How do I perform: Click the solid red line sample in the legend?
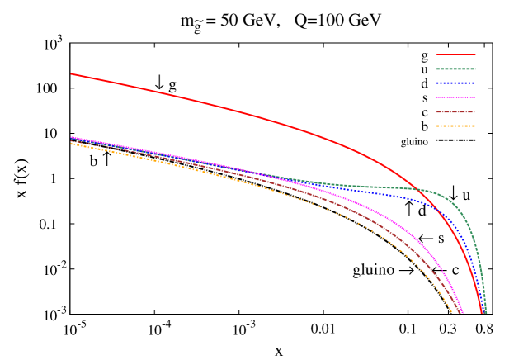click(x=455, y=54)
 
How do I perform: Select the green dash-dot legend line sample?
click(x=455, y=69)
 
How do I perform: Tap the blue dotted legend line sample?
click(x=455, y=83)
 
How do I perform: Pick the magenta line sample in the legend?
click(x=455, y=97)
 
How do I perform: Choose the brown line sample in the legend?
click(x=455, y=111)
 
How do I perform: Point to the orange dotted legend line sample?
click(x=455, y=126)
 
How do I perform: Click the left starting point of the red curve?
click(x=71, y=73)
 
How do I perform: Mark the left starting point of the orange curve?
click(x=71, y=144)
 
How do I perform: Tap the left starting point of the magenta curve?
click(x=71, y=137)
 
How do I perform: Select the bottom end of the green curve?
click(x=486, y=313)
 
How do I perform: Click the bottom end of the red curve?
click(x=482, y=313)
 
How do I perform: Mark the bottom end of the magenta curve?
click(x=464, y=313)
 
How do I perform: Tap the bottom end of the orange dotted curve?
click(x=455, y=313)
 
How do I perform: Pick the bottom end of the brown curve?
click(x=460, y=313)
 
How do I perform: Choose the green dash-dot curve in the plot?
click(x=371, y=187)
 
